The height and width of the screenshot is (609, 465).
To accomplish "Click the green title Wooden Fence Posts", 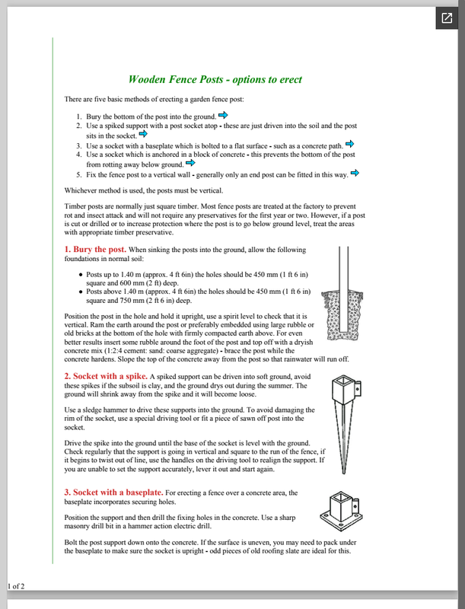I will [215, 79].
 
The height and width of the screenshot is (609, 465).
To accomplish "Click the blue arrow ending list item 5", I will [354, 173].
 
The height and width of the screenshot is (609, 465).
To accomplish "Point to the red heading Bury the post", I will [95, 250].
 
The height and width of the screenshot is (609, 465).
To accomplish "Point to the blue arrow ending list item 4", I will [190, 162].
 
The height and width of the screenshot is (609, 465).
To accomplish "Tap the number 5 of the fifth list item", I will [78, 174].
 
